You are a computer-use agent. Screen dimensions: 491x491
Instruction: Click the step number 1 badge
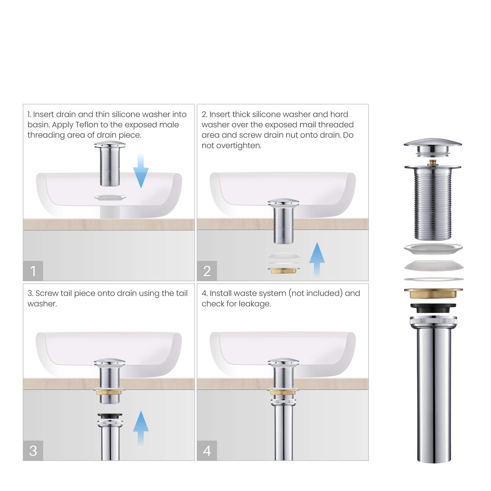click(x=33, y=271)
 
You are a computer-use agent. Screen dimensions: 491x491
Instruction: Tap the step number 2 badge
click(x=207, y=271)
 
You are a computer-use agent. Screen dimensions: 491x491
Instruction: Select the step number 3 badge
click(x=33, y=451)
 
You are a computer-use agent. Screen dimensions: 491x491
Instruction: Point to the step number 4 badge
click(x=207, y=451)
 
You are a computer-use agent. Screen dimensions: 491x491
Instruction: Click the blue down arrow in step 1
click(x=141, y=171)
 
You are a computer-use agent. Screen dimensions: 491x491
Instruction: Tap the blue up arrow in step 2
click(x=317, y=259)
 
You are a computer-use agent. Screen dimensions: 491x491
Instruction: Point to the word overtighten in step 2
click(x=239, y=146)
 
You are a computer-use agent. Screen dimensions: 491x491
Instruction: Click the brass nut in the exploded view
click(x=433, y=293)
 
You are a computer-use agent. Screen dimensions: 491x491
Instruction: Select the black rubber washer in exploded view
click(x=433, y=308)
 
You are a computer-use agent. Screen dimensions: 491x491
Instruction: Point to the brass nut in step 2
click(x=284, y=270)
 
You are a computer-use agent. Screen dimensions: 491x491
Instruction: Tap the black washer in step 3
click(x=110, y=416)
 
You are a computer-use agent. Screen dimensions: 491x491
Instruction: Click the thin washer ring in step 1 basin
click(x=110, y=197)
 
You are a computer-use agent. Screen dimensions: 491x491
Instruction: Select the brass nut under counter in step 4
click(x=283, y=392)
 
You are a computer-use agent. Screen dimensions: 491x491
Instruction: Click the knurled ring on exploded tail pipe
click(x=433, y=321)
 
